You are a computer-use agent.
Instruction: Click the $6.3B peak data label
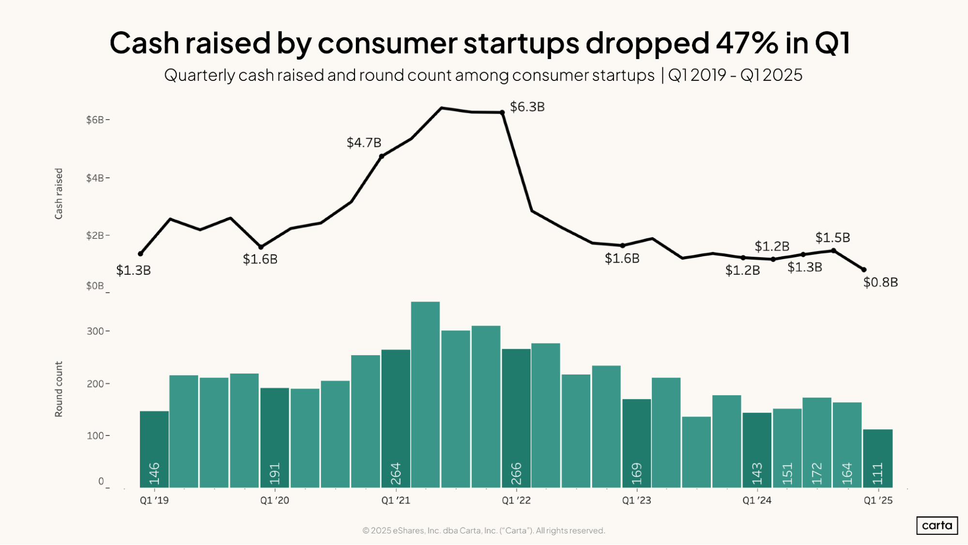pos(527,107)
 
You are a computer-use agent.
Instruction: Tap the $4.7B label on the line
pos(364,143)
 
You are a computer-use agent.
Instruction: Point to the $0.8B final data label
pos(880,282)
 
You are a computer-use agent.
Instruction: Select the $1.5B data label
pos(832,238)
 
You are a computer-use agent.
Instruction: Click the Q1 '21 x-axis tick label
pos(396,500)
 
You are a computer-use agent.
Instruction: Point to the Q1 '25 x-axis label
pos(878,500)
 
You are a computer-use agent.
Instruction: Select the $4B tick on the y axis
pos(95,178)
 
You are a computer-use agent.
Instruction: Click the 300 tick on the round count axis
pos(95,331)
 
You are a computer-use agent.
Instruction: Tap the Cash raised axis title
pos(59,194)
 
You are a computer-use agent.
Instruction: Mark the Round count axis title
pos(59,389)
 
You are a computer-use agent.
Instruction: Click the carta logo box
pos(937,526)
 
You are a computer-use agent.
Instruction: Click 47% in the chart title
pos(746,43)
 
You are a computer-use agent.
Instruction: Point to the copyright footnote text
pos(483,530)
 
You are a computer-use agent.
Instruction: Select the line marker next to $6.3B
pos(502,112)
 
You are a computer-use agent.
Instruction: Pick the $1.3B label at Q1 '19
pos(133,270)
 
